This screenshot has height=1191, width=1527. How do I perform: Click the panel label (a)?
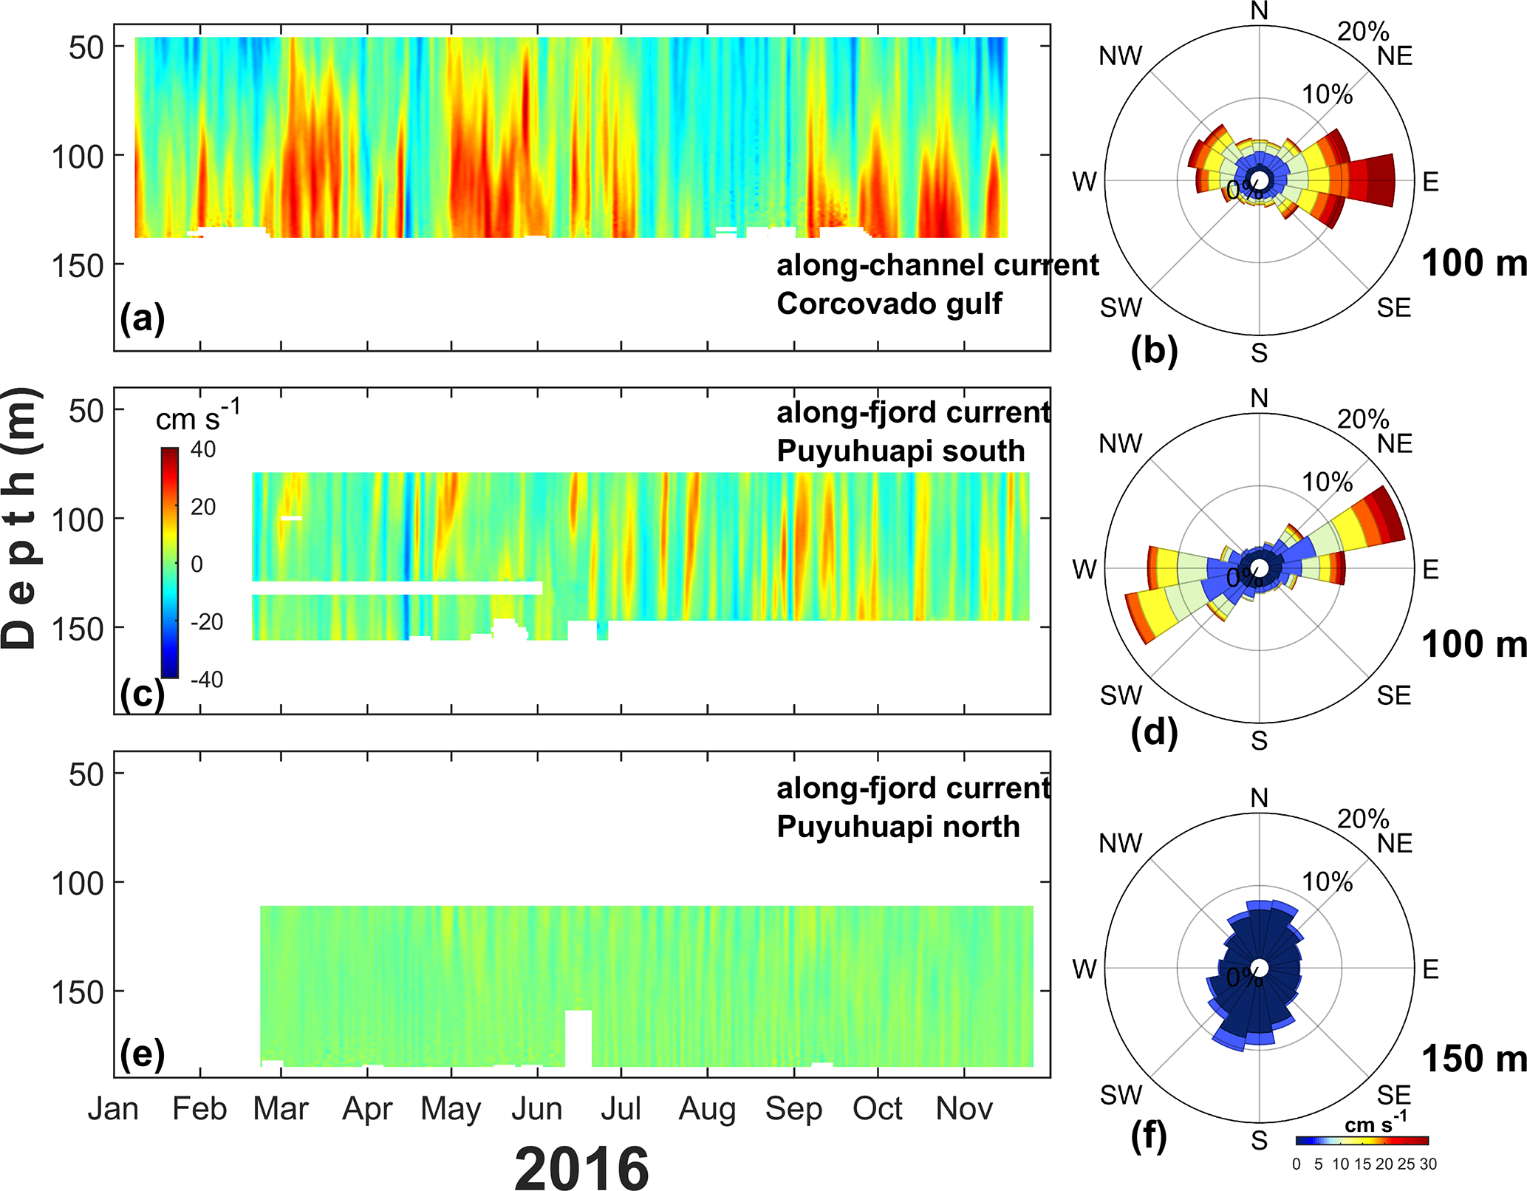click(143, 318)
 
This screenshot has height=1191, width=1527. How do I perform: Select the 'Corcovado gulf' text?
click(889, 304)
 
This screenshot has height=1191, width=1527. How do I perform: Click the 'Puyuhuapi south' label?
click(901, 451)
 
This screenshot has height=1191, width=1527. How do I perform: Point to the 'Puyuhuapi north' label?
click(898, 826)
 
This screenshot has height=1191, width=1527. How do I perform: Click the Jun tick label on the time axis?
click(537, 1108)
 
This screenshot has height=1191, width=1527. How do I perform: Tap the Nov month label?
click(964, 1108)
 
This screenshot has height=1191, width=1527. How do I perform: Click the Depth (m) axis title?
click(20, 518)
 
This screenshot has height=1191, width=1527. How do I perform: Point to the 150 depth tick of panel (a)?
click(78, 265)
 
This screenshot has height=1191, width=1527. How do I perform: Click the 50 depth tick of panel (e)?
click(86, 774)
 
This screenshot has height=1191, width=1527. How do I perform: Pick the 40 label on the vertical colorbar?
click(203, 449)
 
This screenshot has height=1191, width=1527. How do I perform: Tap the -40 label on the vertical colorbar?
click(207, 680)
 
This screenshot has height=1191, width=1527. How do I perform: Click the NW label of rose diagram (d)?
click(1121, 443)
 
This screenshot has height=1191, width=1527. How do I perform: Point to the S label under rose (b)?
click(1260, 353)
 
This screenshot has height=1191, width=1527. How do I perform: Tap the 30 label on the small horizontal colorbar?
click(1428, 1164)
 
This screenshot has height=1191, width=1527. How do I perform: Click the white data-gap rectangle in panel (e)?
click(578, 1038)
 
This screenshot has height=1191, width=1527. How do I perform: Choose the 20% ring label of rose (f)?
click(1363, 819)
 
